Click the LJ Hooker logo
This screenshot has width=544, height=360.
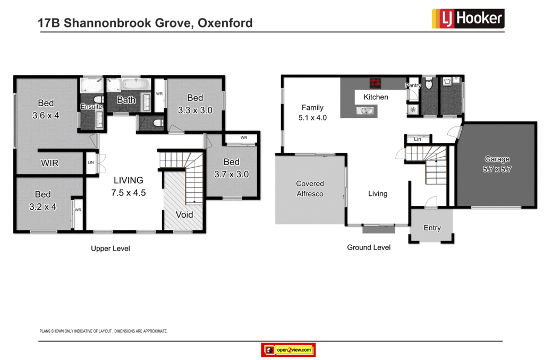click(467, 19)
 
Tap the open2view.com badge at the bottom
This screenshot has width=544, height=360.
click(289, 350)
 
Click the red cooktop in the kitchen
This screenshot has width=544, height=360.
click(376, 82)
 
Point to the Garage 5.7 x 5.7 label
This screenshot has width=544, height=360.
click(497, 164)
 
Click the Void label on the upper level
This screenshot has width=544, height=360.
click(184, 215)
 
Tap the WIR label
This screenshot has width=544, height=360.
click(49, 163)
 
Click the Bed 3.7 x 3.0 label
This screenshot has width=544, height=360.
click(231, 168)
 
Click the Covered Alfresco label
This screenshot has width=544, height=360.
click(310, 188)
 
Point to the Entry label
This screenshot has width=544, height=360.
click(432, 228)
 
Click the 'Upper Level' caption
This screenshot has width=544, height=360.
click(110, 248)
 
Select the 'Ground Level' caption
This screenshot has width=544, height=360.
click(369, 247)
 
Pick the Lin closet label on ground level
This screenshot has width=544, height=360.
click(418, 139)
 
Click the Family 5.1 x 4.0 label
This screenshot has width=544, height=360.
click(312, 113)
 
